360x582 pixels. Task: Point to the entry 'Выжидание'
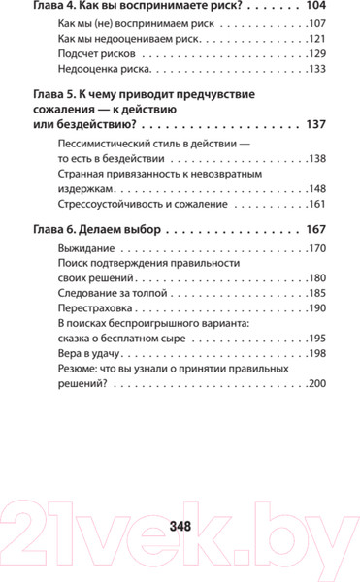click(85, 249)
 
